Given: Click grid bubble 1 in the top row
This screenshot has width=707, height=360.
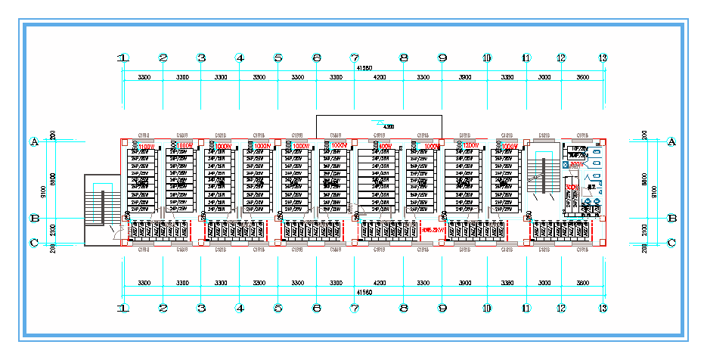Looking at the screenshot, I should pos(123,57).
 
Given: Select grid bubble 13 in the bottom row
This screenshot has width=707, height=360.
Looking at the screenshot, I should pos(602,309).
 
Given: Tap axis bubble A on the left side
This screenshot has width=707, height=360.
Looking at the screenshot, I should pos(33,141).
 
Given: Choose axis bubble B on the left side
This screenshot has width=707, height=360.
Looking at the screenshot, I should pos(33,218).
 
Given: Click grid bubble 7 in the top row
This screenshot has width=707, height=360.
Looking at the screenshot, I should pos(354,57).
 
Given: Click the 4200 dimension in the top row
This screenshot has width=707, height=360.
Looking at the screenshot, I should pos(378,77).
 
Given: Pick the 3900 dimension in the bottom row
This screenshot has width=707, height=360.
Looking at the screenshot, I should pos(464,283).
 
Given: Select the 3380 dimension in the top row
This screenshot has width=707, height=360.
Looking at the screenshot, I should pos(506,77).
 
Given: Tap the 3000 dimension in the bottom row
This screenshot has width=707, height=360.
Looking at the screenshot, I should pos(543,283).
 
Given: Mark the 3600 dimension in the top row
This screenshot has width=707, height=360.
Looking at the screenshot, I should pos(583,77).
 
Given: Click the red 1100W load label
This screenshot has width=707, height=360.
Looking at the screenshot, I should pos(146,147).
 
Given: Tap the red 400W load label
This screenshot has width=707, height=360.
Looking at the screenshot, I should pos(384,147).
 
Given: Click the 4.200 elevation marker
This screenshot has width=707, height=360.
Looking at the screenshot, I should pos(389,126).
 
